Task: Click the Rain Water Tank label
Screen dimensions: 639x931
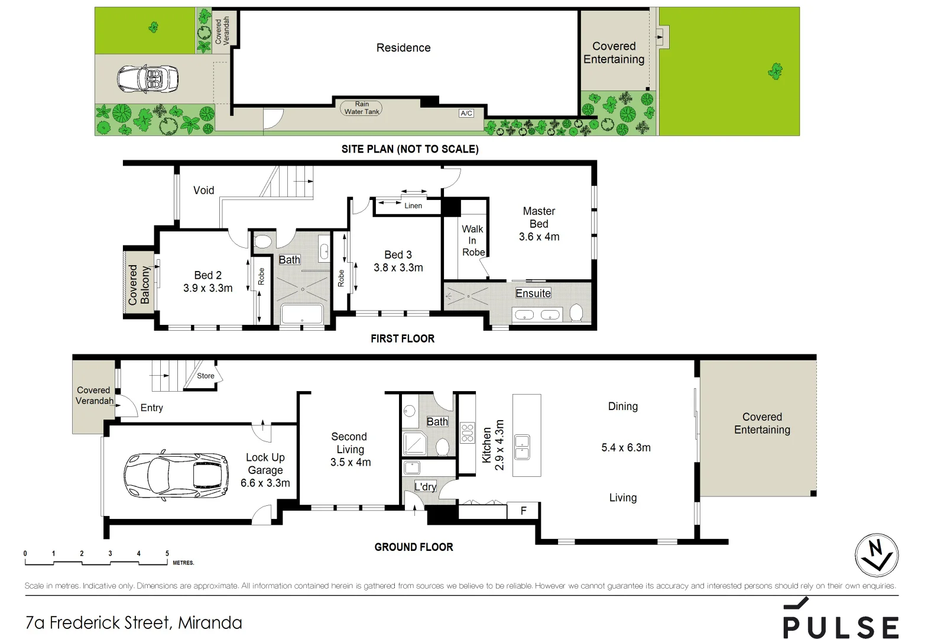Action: pyautogui.click(x=362, y=108)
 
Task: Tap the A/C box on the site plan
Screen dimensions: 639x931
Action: pyautogui.click(x=466, y=113)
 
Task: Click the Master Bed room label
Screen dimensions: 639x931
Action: pyautogui.click(x=539, y=217)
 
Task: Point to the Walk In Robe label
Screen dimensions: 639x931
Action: pyautogui.click(x=473, y=240)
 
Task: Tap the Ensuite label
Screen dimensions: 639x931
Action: pyautogui.click(x=533, y=293)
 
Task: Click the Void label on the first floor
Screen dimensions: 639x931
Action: pyautogui.click(x=203, y=190)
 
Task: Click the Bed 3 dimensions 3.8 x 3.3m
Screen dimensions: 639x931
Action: pyautogui.click(x=398, y=267)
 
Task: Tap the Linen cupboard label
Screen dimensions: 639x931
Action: pyautogui.click(x=413, y=206)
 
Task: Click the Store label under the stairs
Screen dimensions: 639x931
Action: pyautogui.click(x=206, y=376)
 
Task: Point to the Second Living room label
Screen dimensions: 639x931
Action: pyautogui.click(x=349, y=443)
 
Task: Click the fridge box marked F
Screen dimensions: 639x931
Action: pyautogui.click(x=523, y=511)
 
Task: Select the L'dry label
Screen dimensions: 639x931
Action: pyautogui.click(x=425, y=486)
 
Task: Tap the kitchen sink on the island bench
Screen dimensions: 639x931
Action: pyautogui.click(x=522, y=447)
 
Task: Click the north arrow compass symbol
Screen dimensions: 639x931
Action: pyautogui.click(x=877, y=556)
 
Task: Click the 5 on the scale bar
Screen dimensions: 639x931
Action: pyautogui.click(x=167, y=554)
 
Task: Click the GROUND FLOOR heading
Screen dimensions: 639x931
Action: pyautogui.click(x=413, y=547)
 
